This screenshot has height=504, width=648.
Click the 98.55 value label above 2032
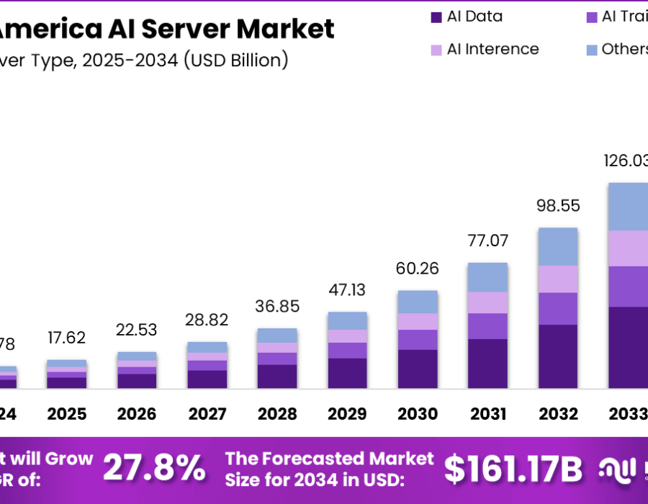[x=559, y=206]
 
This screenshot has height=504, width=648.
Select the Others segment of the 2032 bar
[x=559, y=246]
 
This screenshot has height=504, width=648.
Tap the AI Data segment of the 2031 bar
[x=487, y=363]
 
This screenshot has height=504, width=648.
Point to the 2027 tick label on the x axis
[x=207, y=414]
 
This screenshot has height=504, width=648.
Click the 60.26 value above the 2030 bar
[x=418, y=269]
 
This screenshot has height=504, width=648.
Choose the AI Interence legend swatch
[x=436, y=50]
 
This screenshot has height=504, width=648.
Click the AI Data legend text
[x=474, y=17]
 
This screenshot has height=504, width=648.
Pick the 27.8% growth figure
[x=154, y=469]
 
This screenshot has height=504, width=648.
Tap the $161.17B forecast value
[x=512, y=469]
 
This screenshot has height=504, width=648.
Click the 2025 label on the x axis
[x=66, y=414]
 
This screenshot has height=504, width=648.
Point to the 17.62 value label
[x=66, y=338]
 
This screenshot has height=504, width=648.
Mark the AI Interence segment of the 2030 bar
[x=418, y=321]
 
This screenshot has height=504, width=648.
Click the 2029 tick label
[x=348, y=414]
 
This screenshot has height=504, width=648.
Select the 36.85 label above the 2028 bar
[x=277, y=306]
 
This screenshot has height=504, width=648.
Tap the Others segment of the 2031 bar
[x=487, y=277]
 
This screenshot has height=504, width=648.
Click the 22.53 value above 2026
[x=137, y=330]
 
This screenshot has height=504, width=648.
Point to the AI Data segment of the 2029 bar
[x=348, y=373]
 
